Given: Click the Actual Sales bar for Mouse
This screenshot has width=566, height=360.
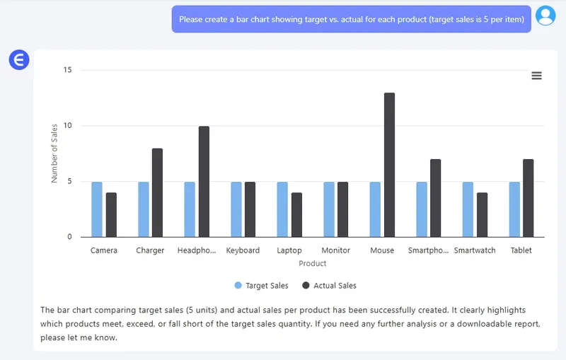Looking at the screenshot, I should [389, 165].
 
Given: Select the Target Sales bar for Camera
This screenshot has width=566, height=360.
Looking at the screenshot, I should [97, 209].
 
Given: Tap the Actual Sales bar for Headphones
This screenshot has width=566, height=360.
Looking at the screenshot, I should [204, 182].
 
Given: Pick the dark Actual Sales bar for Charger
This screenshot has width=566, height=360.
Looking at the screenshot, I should [157, 192].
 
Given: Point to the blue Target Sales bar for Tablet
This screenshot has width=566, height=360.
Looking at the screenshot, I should [514, 209].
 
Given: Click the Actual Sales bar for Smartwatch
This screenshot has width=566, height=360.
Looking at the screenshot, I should [482, 215].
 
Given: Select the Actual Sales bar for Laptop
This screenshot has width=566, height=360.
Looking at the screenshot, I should [296, 215].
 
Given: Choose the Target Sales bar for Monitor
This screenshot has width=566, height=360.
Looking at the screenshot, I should [329, 209].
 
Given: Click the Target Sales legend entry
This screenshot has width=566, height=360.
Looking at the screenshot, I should [262, 286].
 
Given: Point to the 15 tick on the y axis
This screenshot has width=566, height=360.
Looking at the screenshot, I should [68, 70].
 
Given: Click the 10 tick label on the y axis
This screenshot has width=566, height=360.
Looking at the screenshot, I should [68, 126].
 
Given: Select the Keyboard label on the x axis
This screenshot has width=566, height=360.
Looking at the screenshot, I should [243, 250].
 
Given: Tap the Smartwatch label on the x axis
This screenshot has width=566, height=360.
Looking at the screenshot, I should [475, 250].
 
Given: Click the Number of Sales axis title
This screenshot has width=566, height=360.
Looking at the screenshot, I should [54, 153].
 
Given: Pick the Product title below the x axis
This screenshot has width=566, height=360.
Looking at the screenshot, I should [312, 264].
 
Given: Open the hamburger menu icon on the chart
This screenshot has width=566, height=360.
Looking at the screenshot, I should [536, 76].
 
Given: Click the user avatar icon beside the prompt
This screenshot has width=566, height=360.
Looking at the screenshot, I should [545, 16].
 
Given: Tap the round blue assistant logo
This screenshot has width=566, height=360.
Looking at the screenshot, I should [19, 60].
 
